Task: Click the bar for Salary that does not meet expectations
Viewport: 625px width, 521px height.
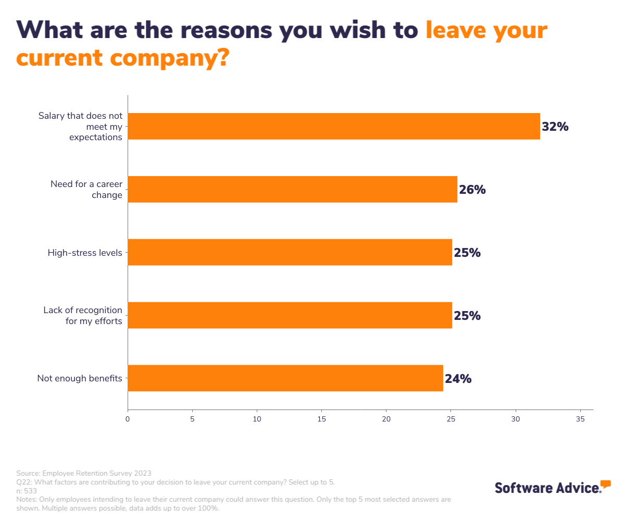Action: tap(333, 126)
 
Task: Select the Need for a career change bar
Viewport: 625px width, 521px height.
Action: tap(292, 189)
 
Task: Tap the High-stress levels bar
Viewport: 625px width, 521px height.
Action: tap(290, 252)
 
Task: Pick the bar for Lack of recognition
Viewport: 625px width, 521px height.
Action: tap(290, 315)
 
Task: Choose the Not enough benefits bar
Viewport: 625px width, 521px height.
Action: tap(285, 378)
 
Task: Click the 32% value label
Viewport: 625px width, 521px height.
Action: tap(555, 127)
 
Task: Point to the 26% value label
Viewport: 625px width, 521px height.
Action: tap(472, 190)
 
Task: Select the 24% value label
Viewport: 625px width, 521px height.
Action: tap(458, 379)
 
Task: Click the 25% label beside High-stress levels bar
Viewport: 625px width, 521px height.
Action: tap(467, 253)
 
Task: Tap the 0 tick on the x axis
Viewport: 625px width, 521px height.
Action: tap(128, 418)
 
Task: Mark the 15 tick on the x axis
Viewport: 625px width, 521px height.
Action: tap(321, 418)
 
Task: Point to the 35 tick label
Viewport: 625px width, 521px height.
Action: tap(580, 418)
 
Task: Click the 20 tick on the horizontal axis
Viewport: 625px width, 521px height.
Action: tap(386, 418)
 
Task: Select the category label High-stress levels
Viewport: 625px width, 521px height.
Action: tap(85, 253)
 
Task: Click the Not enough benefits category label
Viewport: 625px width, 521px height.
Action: tap(80, 378)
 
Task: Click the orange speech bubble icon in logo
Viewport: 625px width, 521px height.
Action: tap(605, 483)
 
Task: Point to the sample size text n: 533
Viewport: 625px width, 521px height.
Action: tap(27, 491)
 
